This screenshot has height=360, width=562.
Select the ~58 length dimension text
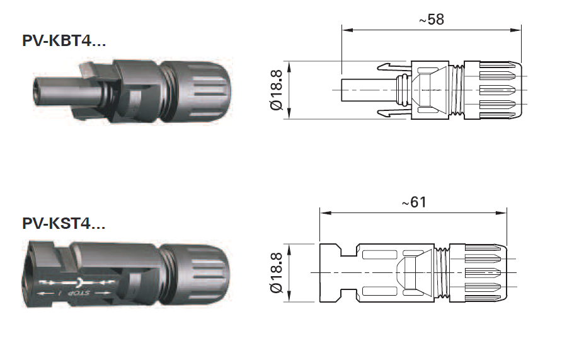click(431, 20)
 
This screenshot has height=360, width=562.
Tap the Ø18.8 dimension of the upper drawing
click(275, 90)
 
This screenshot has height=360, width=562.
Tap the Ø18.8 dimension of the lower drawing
click(275, 272)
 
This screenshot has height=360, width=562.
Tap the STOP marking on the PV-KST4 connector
click(81, 294)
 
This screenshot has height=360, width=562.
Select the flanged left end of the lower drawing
click(330, 272)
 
